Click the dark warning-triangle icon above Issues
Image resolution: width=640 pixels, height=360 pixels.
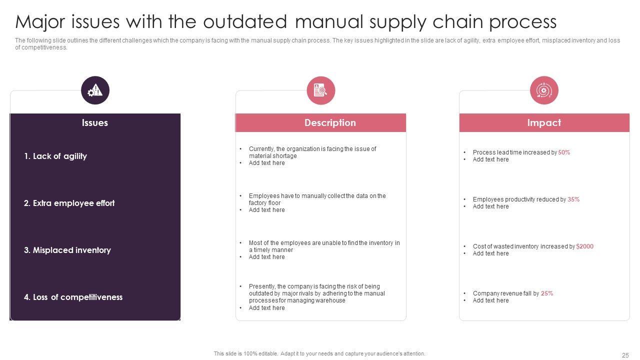95,90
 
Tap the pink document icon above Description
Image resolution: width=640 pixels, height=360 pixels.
321,90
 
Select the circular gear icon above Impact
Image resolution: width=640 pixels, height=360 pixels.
544,90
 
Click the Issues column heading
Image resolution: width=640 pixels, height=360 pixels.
95,123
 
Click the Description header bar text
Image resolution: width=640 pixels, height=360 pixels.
330,123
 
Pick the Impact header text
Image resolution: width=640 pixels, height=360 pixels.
544,123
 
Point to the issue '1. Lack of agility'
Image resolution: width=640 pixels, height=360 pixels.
55,156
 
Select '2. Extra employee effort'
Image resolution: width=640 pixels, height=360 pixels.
69,203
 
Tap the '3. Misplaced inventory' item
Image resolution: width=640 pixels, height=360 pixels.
67,250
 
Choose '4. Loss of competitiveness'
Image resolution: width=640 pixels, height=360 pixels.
73,297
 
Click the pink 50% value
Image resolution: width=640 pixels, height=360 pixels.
564,152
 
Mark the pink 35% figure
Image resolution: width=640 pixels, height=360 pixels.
573,199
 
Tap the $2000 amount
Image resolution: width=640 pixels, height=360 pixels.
585,246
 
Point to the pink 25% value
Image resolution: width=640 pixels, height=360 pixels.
547,293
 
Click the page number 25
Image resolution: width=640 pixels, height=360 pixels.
625,355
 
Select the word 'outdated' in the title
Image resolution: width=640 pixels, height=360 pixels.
245,21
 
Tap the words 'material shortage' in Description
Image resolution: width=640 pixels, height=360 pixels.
273,156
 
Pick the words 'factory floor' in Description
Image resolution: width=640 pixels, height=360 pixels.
264,203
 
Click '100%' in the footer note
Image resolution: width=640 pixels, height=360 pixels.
250,353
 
